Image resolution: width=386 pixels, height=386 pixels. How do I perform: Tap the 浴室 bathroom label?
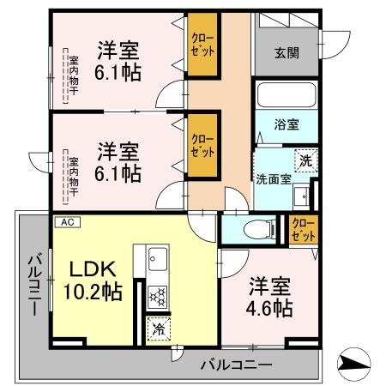point(286,124)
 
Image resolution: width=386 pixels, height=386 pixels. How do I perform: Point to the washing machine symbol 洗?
point(306,160)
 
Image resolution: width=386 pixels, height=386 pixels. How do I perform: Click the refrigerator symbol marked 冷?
point(159,327)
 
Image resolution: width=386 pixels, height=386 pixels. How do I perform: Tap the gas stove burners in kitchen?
point(158,296)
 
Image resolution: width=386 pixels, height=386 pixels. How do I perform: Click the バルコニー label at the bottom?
point(236,365)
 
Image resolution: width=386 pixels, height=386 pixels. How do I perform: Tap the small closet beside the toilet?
point(302,229)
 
